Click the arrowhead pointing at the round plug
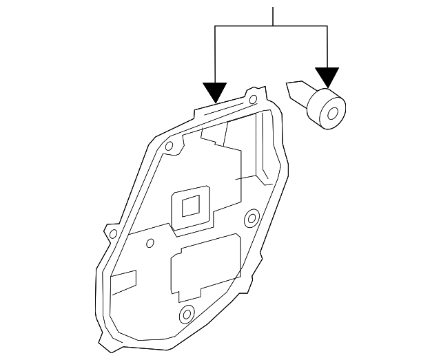(327, 77)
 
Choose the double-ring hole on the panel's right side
(252, 220)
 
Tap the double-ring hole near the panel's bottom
(185, 316)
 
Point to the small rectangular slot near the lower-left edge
(124, 282)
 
